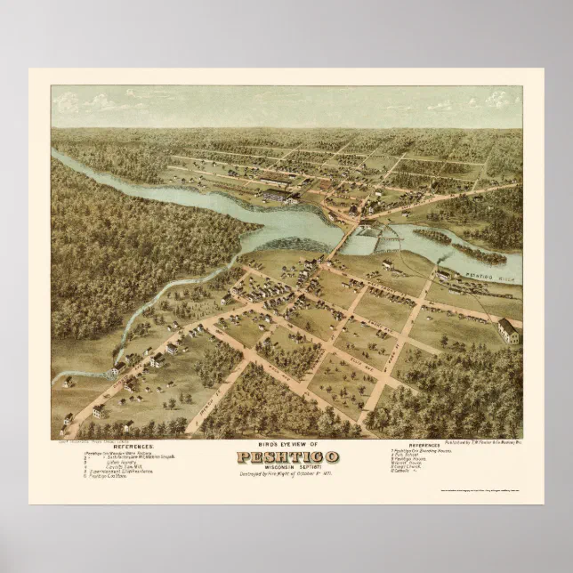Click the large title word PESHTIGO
coord(286,458)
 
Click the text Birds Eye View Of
coord(286,446)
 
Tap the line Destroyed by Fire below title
coord(286,472)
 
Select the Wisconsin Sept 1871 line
coord(286,465)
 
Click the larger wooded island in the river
coord(436,237)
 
